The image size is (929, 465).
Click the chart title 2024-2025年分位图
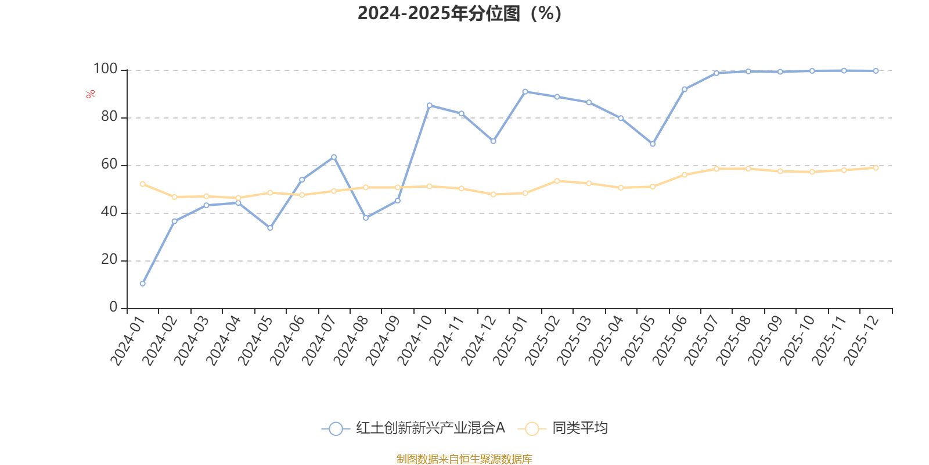[459, 13]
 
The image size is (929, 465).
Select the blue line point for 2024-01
[142, 284]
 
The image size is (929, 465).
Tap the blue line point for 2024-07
[334, 157]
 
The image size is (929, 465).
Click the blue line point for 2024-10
[430, 105]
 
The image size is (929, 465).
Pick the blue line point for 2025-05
[653, 144]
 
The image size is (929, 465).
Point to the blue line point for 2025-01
[525, 91]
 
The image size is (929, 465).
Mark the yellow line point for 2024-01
[142, 184]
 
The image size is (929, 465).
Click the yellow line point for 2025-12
[876, 168]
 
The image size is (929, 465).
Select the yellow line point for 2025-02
[557, 181]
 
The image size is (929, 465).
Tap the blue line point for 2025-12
[876, 71]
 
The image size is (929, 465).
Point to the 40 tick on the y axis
[109, 212]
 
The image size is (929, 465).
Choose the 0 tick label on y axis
[113, 307]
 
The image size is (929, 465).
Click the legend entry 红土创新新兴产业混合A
[430, 428]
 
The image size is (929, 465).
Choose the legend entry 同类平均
[579, 428]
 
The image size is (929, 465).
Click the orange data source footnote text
[464, 459]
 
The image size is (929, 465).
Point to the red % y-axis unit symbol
[90, 94]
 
